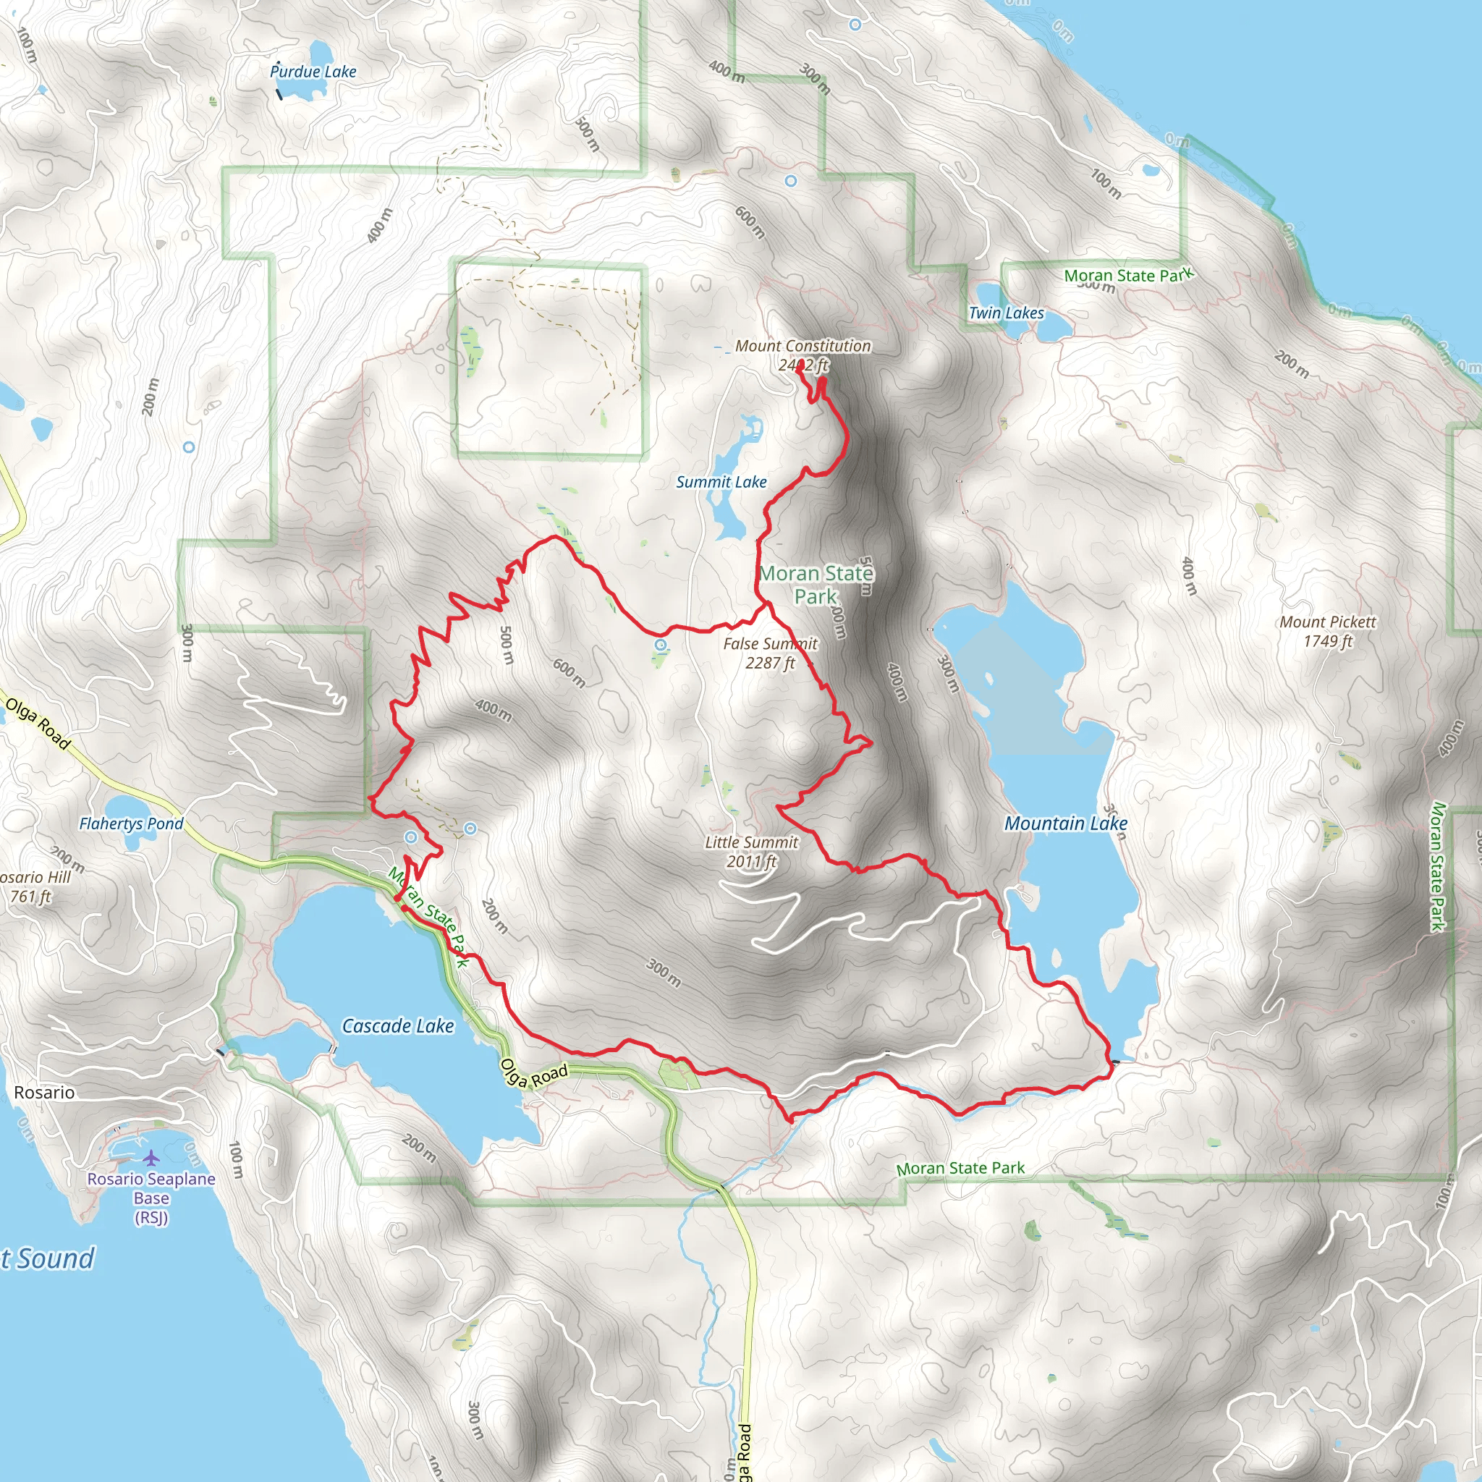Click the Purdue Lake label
click(x=313, y=72)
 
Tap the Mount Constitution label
click(x=803, y=347)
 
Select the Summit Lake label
click(x=721, y=482)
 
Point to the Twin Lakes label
click(x=1006, y=313)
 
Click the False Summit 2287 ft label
click(x=770, y=653)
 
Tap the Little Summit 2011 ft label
click(x=752, y=852)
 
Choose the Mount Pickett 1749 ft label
click(x=1328, y=631)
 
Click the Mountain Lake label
click(x=1065, y=823)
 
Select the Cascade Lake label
click(x=397, y=1026)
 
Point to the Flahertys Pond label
click(x=131, y=823)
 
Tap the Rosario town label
click(x=44, y=1092)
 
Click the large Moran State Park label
click(x=816, y=585)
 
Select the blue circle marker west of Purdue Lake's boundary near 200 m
click(x=189, y=446)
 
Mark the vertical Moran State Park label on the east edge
click(x=1438, y=866)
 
